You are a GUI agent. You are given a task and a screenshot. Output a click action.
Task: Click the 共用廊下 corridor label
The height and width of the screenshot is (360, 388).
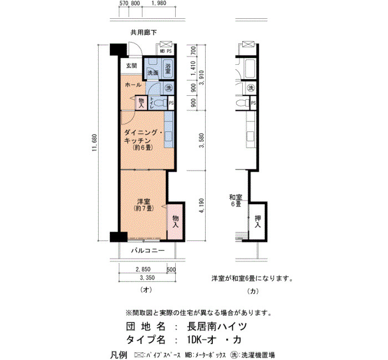point(144,32)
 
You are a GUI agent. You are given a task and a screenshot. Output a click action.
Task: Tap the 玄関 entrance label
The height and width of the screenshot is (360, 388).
point(132,66)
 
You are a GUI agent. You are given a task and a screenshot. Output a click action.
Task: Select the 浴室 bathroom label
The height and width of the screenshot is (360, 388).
point(168,69)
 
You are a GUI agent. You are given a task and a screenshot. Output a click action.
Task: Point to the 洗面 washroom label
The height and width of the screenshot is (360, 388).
point(153,73)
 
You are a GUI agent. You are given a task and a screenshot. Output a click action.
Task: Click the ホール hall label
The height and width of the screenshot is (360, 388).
point(133,85)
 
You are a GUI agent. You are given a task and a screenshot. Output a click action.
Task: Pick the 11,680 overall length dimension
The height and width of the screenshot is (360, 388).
point(95,143)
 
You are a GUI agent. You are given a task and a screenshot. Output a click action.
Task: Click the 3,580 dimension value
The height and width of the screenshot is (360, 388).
point(202,141)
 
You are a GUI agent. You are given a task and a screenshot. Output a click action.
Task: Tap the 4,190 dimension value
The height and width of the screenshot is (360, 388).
point(202,205)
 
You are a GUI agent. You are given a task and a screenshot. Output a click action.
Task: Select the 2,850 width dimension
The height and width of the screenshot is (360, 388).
point(143,269)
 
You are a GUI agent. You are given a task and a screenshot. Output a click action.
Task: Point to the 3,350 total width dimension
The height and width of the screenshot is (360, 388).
point(147,277)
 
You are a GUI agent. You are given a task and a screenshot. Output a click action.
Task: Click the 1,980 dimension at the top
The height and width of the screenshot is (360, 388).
point(159,3)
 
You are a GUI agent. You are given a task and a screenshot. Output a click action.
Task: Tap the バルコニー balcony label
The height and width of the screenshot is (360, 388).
point(148,251)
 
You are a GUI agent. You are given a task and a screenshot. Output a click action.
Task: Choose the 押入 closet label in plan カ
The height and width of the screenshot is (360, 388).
point(258,222)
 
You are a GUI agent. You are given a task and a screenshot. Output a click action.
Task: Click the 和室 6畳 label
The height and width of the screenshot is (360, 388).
point(236,200)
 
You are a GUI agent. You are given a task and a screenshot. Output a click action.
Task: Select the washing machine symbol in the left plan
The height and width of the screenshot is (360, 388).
point(169,88)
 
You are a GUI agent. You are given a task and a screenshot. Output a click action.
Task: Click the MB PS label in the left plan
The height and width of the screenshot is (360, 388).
point(166,52)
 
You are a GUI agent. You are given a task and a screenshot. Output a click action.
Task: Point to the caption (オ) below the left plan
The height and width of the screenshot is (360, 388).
point(146,290)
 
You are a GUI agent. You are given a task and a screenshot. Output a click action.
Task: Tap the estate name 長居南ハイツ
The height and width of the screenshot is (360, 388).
point(217,327)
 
